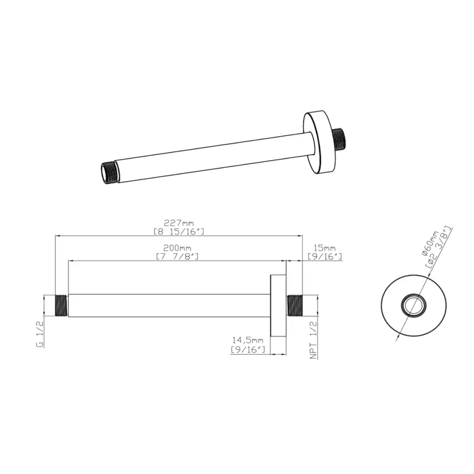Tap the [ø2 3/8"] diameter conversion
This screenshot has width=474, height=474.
(x=439, y=248)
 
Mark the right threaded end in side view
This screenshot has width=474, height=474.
(x=293, y=305)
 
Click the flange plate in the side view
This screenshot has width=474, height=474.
(x=277, y=305)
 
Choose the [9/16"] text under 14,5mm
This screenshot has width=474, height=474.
(x=249, y=350)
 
